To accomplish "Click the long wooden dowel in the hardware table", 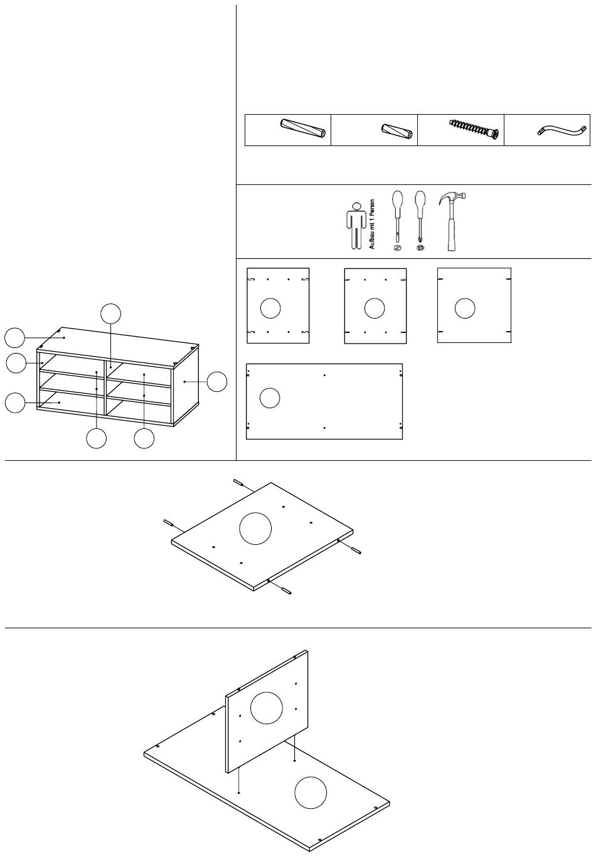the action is tap(302, 129).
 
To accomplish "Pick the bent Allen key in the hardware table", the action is tap(561, 130).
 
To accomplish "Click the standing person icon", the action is tap(356, 226).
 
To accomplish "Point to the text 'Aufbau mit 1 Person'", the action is tap(372, 224).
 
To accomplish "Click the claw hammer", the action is tap(452, 221).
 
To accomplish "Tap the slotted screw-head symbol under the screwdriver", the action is tap(397, 248).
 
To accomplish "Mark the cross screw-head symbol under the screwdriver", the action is tap(420, 248).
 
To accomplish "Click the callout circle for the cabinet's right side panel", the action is tap(217, 382).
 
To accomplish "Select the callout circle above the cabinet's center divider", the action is tap(110, 313).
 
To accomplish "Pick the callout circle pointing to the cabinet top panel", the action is tap(14, 338).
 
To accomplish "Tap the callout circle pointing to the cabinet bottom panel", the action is tap(15, 403).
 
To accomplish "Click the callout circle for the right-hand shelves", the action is tap(144, 438).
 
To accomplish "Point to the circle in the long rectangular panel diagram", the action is tap(270, 398).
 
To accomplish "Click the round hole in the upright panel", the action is tap(267, 707).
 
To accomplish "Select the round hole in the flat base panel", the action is tap(311, 793).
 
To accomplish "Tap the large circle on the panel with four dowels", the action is tap(255, 529).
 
